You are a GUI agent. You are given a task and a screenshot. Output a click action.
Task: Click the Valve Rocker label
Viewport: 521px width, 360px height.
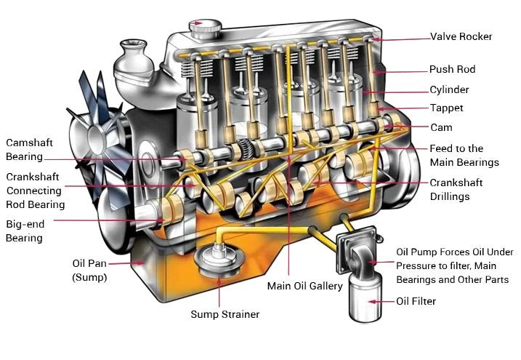[461, 36]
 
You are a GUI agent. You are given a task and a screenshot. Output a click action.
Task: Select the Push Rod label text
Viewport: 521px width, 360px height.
[452, 70]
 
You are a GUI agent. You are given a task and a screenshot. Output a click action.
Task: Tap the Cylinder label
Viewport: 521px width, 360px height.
[449, 89]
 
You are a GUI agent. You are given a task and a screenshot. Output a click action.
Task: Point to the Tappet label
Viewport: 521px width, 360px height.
[446, 108]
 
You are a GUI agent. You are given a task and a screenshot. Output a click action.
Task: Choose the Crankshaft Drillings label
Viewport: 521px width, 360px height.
[456, 190]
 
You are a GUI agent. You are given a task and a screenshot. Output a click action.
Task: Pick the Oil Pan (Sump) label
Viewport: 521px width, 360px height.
[89, 270]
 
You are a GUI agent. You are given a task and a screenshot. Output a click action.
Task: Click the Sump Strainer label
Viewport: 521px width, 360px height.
[225, 314]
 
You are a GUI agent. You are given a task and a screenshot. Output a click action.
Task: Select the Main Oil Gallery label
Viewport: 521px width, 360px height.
[304, 286]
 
